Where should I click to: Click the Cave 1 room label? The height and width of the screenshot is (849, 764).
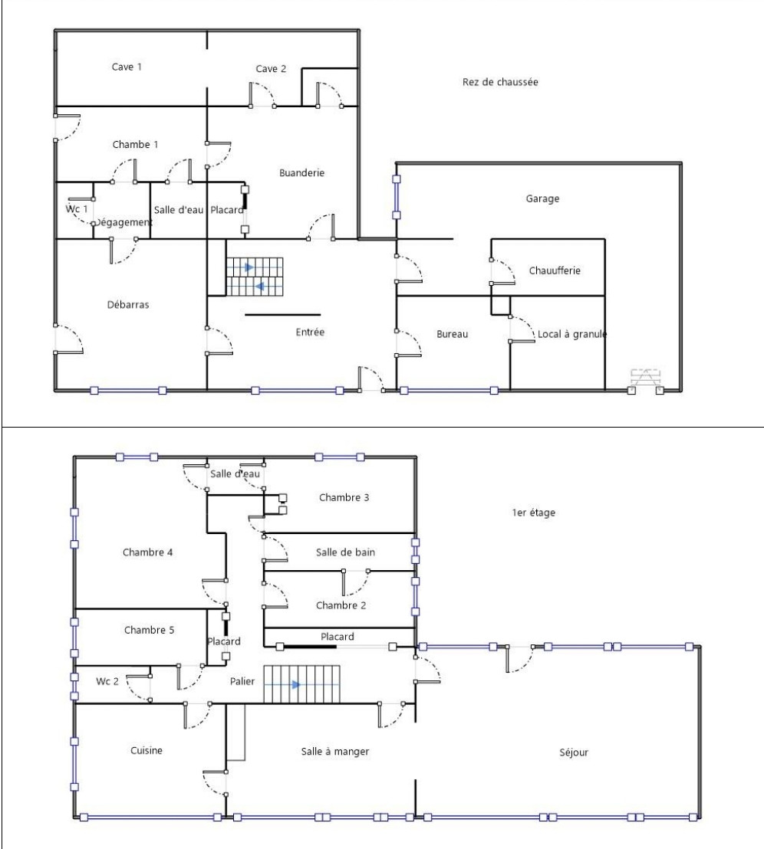coord(127,67)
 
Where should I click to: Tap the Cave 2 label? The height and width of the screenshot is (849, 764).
coord(271,69)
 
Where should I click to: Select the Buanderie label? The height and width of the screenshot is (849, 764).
coord(301,173)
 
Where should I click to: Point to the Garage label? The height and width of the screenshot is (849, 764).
coord(542,198)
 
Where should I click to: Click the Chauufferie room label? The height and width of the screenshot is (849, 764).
coord(554,270)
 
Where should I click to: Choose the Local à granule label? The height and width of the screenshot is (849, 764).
coord(571,334)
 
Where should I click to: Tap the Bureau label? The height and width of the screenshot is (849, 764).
coord(452,334)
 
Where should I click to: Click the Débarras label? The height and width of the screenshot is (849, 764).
coord(127,304)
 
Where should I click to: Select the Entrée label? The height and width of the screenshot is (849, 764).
coord(310,332)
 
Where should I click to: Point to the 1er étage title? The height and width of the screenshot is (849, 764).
coord(533,513)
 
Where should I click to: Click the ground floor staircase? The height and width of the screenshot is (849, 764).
coord(255,277)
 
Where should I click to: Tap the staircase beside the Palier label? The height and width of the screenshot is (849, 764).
coord(301,684)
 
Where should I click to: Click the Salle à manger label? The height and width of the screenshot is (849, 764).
coord(335,752)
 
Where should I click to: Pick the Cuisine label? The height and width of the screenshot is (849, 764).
coord(146,751)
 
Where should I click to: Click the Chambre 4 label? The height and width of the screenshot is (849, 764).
coord(147,552)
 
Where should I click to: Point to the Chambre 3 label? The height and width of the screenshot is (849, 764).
coord(344,497)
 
